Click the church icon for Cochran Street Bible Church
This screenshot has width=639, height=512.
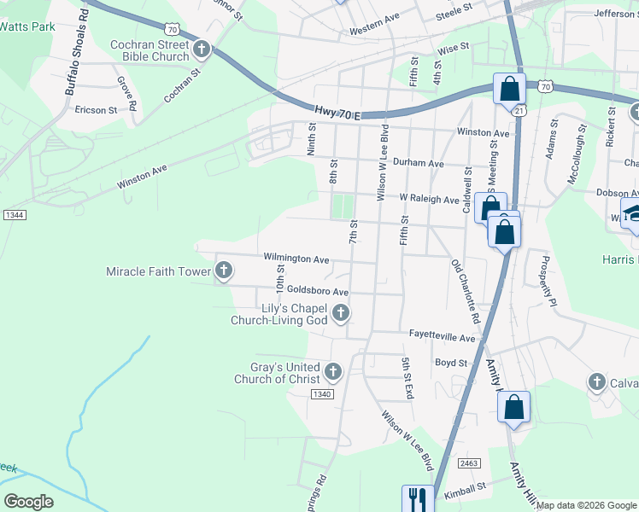point(202,49)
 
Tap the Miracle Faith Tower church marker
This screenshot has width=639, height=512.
point(224,271)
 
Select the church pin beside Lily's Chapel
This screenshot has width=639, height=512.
point(341,313)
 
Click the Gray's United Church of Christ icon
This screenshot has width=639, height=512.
point(333,371)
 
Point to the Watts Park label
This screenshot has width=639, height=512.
point(27,26)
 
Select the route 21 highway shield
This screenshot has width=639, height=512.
point(519,111)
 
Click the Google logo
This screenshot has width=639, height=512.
point(28,501)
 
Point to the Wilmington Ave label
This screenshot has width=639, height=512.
point(296,259)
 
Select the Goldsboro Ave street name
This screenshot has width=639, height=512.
point(318,290)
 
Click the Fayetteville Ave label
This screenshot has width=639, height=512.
point(442,338)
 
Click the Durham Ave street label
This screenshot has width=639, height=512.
point(425,163)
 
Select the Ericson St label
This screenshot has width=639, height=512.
point(96,110)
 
